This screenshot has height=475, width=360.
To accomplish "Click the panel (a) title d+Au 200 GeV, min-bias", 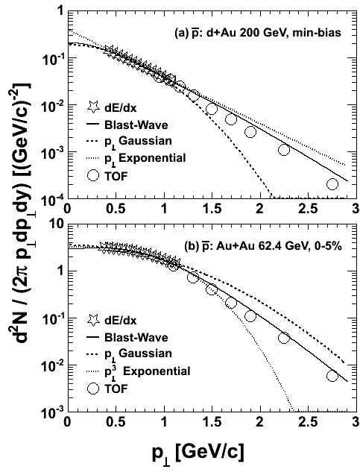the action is click(274, 33).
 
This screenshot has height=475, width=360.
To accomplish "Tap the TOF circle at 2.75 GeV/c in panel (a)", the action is click(332, 183).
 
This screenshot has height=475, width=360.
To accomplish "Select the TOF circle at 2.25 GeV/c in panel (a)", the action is click(284, 150).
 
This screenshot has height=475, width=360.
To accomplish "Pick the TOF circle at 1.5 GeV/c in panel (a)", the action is click(212, 109).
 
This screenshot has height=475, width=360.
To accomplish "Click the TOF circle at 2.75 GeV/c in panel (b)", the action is click(332, 376).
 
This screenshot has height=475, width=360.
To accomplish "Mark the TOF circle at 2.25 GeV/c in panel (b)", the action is click(284, 338).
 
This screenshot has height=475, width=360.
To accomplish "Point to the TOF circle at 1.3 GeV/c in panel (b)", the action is click(192, 277).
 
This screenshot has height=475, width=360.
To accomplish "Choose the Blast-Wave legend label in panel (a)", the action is click(136, 125).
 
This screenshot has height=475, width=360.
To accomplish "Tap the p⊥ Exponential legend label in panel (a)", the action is click(145, 158).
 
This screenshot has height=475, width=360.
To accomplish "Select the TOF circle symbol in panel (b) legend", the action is click(93, 389).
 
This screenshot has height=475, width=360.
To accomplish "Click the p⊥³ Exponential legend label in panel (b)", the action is click(147, 371).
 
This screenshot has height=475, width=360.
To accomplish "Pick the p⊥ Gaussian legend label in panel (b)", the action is click(138, 354).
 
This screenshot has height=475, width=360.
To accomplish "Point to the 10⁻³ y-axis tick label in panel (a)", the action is click(52, 151).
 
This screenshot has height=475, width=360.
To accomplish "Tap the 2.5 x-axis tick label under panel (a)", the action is click(308, 209).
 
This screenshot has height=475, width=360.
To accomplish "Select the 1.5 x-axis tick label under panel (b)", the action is click(212, 422).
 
